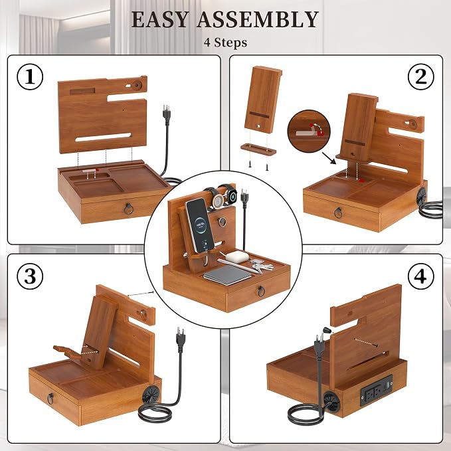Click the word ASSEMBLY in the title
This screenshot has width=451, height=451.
(x=258, y=19)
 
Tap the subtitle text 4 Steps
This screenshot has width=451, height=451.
(x=225, y=43)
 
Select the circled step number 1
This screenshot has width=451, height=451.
(x=30, y=77)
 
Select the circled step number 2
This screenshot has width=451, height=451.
(x=421, y=77)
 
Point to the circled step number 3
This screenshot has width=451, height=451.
(x=30, y=276)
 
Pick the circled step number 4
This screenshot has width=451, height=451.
(x=421, y=276)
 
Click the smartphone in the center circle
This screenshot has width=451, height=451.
(x=200, y=225)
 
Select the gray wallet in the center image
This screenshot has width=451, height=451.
(x=227, y=275)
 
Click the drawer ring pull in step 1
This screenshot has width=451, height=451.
(x=129, y=209)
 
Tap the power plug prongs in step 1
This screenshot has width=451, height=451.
(x=167, y=109)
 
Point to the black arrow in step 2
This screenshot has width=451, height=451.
(x=329, y=158)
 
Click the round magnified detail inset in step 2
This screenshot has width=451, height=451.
(x=309, y=131)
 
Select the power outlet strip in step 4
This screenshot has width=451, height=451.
(x=377, y=390)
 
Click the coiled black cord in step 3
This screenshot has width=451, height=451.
(x=155, y=412)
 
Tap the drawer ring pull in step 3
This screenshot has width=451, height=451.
(x=50, y=399)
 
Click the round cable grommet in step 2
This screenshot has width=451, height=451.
(x=422, y=197)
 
